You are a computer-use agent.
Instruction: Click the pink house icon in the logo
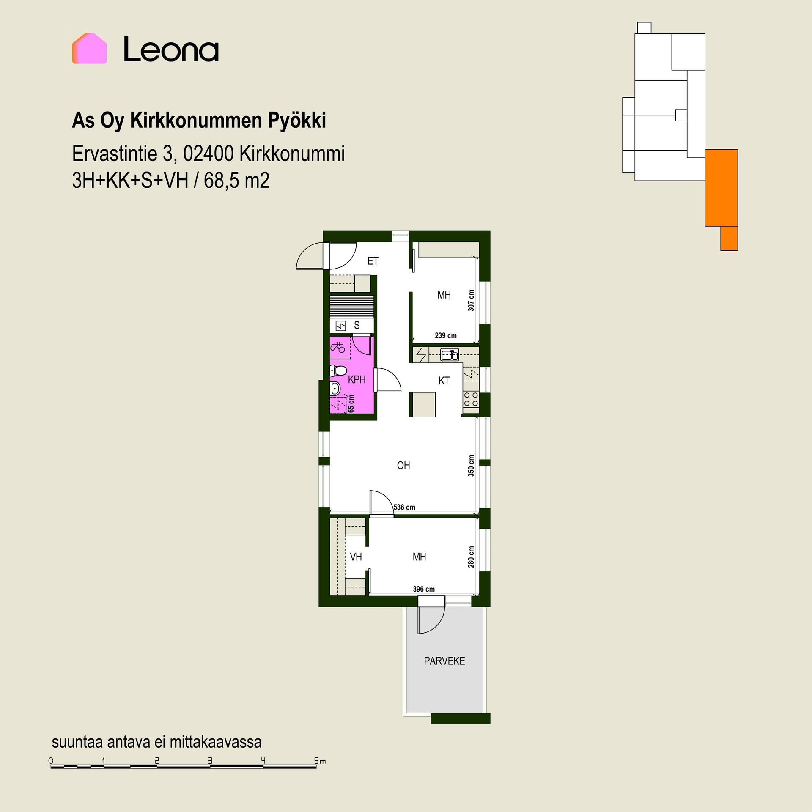[89, 49]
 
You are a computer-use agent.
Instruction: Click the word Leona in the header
[171, 49]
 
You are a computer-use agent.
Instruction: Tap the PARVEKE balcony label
[444, 661]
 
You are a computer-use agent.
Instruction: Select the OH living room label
[403, 466]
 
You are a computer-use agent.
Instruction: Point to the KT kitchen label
[444, 381]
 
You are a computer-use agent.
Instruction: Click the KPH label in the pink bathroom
[357, 380]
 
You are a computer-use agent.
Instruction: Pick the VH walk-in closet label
[356, 557]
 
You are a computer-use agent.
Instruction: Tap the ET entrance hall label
[373, 261]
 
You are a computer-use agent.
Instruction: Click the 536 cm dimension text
[404, 507]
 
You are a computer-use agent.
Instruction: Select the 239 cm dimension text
[446, 336]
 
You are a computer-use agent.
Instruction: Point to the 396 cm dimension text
[424, 589]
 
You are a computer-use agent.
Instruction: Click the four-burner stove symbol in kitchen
[471, 399]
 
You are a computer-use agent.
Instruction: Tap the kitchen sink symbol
[450, 354]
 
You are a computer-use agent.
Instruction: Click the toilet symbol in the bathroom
[337, 371]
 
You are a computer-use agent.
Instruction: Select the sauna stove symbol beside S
[340, 326]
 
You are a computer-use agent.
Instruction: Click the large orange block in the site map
[721, 188]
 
